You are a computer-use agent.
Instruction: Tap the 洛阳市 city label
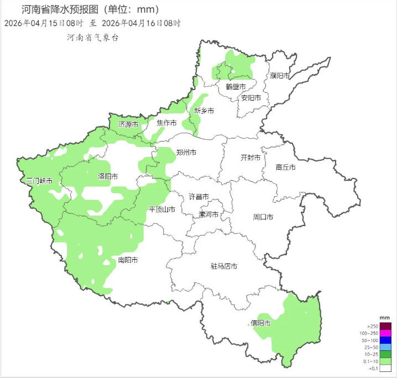click(x=108, y=177)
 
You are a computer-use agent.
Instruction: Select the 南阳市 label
click(x=128, y=260)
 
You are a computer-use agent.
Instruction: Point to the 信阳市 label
click(x=260, y=323)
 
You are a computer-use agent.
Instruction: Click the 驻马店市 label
click(x=224, y=266)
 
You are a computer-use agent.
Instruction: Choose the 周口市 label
click(x=263, y=217)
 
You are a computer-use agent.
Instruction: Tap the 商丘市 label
click(x=285, y=167)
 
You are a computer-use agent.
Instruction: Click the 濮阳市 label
click(x=280, y=76)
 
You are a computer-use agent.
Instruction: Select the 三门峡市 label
click(x=40, y=181)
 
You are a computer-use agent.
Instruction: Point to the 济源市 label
click(x=128, y=124)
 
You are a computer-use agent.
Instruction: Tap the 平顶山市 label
click(x=162, y=209)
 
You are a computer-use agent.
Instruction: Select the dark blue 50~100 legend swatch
click(x=385, y=340)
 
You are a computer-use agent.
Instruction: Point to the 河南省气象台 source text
click(x=92, y=38)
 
